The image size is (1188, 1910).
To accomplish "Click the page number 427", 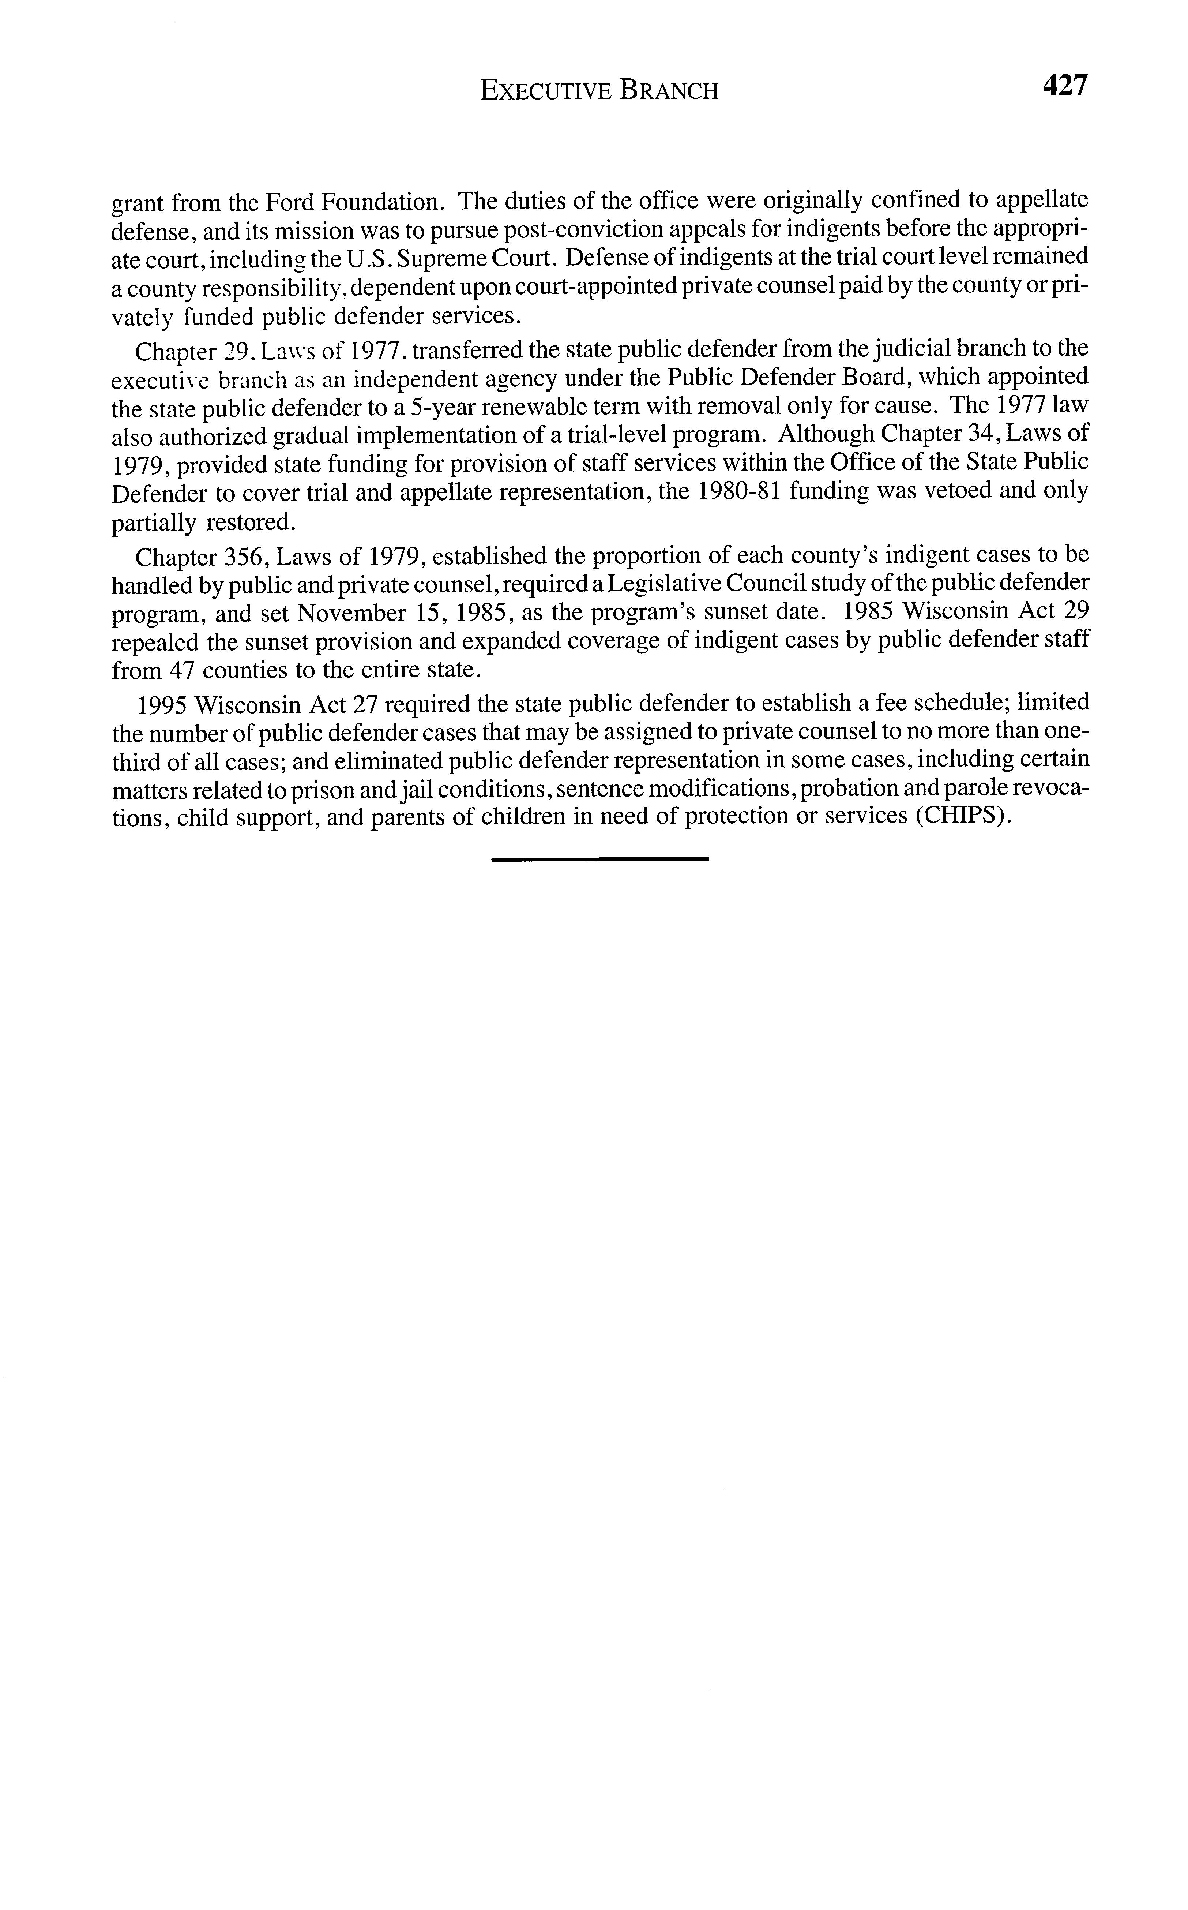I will coord(1064,85).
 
